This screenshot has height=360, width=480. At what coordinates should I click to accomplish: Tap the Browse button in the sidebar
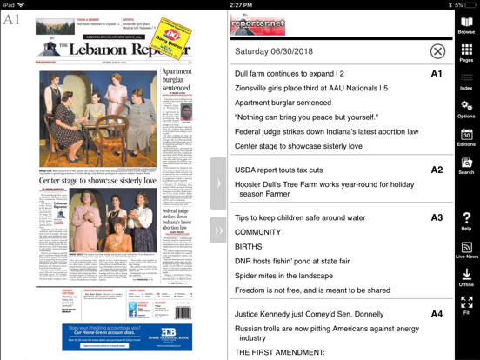tap(467, 25)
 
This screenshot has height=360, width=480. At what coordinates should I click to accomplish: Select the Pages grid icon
tap(467, 53)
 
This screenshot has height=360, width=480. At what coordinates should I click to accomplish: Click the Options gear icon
tap(467, 109)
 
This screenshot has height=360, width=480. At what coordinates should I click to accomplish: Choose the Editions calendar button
tap(467, 137)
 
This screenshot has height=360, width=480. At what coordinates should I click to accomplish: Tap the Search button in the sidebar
tap(467, 165)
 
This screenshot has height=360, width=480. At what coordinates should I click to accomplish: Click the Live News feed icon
tap(467, 250)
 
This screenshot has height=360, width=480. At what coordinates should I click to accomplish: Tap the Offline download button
tap(467, 277)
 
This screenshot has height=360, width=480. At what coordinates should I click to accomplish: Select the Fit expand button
tap(467, 304)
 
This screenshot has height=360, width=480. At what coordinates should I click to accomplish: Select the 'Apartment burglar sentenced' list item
tap(283, 103)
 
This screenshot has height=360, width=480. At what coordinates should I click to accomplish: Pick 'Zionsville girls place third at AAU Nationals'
tap(310, 88)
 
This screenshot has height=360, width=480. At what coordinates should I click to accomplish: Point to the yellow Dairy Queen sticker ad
tap(173, 41)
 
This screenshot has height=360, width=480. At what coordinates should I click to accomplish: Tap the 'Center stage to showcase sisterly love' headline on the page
tap(97, 181)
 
